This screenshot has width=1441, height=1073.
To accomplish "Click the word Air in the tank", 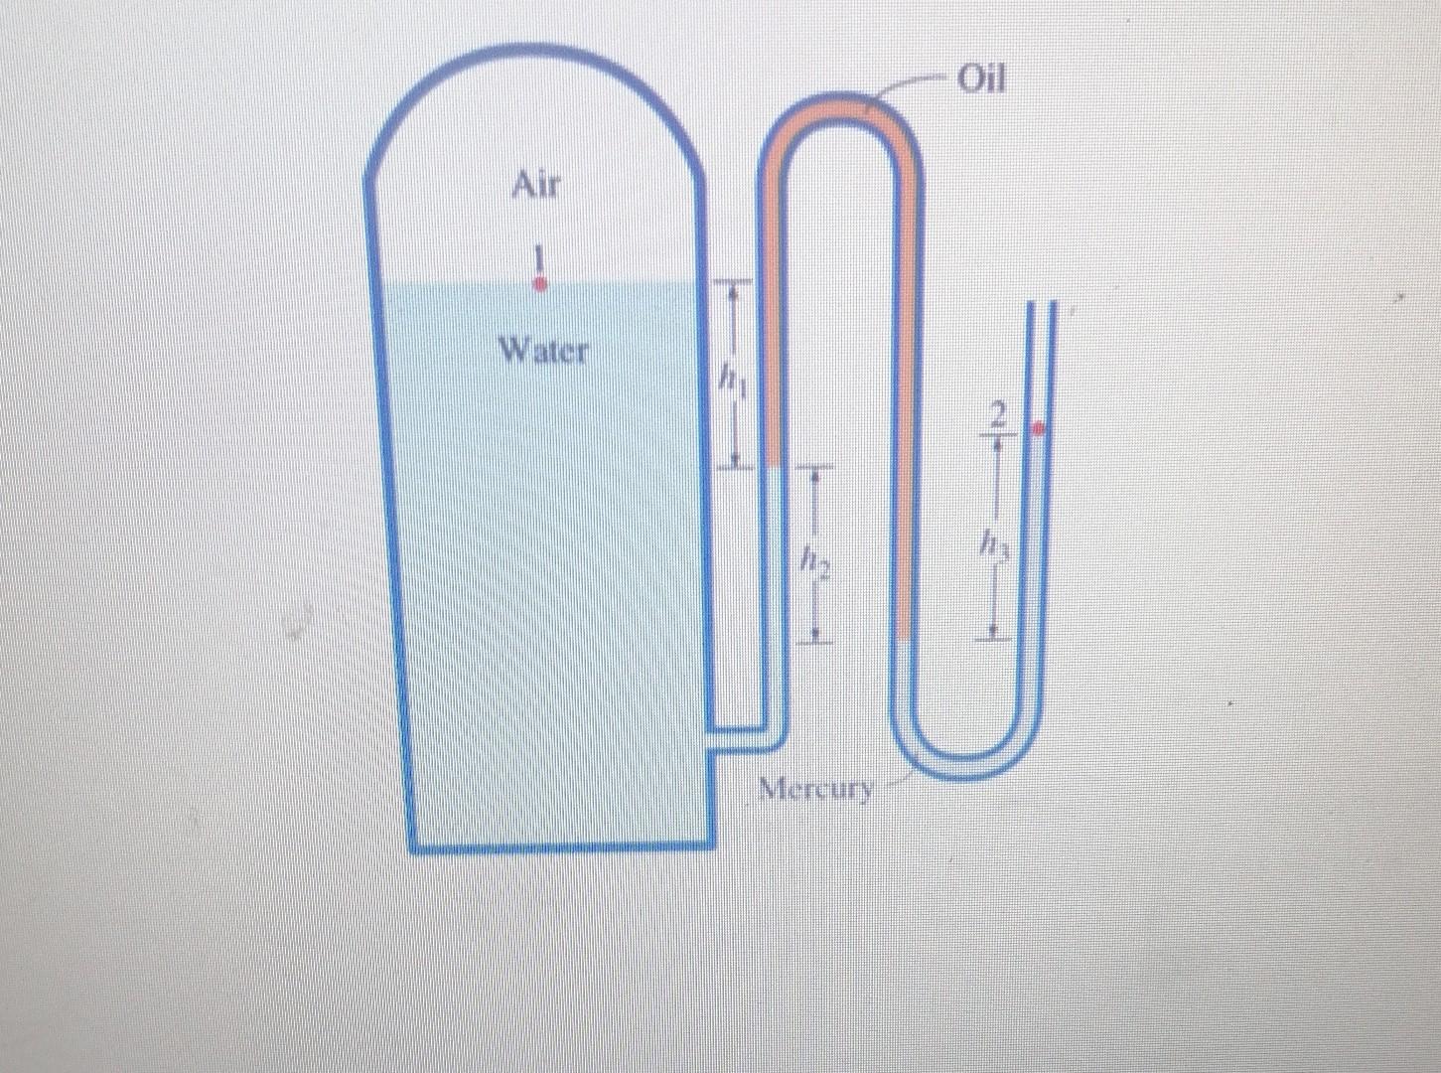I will coord(536,184).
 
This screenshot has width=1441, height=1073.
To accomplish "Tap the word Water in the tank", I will coord(544,350).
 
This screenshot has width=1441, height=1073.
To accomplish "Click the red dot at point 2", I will coord(1039,429).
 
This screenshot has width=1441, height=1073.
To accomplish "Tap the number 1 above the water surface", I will coord(539,260).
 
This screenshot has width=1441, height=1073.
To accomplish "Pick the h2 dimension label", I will coord(814,562).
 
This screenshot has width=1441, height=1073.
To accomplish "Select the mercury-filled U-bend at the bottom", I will coord(973,765).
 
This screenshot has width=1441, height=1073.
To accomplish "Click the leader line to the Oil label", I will coord(914,84).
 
